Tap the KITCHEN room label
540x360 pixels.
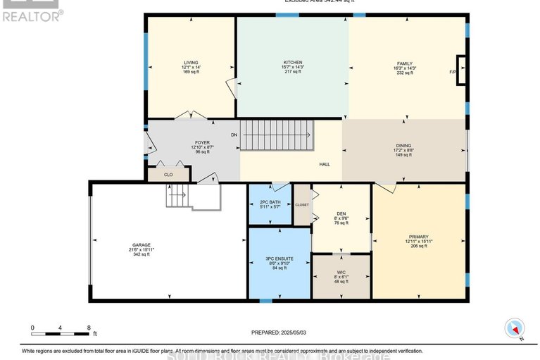click(293, 61)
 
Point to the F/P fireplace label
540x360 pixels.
click(453, 72)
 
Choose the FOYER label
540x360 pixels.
click(203, 142)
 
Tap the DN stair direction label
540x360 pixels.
click(234, 134)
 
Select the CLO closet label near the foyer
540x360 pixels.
click(168, 174)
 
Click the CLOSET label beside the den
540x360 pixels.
click(302, 205)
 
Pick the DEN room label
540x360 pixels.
click(341, 213)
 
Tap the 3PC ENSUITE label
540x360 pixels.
click(280, 259)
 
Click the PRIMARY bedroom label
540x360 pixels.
click(418, 237)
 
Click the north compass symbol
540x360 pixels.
click(515, 328)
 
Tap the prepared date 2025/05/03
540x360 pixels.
click(294, 333)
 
